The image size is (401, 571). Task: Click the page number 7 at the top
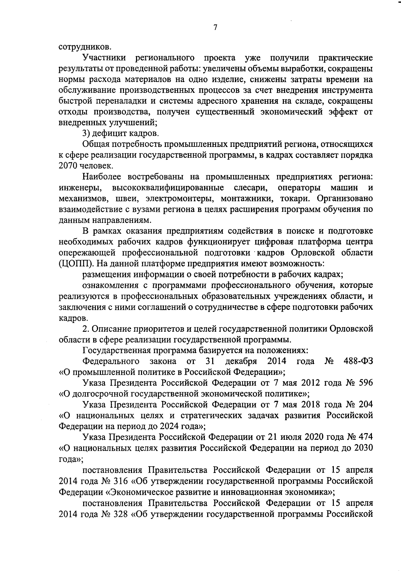(x=215, y=28)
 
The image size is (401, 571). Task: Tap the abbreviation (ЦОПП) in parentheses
(x=74, y=263)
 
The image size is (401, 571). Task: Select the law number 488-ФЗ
(x=358, y=361)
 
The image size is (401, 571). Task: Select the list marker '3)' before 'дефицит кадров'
(x=87, y=133)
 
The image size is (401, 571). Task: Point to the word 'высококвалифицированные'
(x=168, y=187)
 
